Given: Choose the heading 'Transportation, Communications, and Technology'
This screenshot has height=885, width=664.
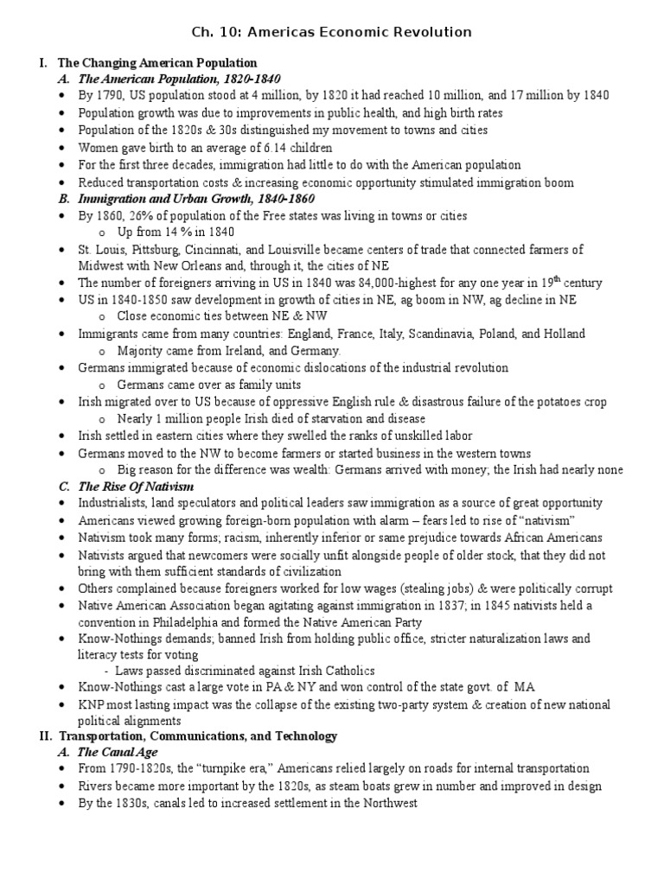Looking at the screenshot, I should coord(197,736).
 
